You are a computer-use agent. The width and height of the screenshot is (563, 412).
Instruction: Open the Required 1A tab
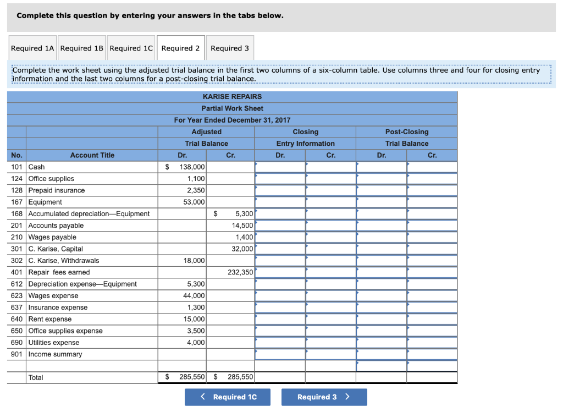tap(33, 48)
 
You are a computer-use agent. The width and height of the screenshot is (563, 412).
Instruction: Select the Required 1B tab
tap(82, 48)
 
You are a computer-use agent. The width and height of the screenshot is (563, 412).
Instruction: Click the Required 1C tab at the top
tap(131, 48)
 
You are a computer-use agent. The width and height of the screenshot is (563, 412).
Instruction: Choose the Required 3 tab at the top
tap(230, 48)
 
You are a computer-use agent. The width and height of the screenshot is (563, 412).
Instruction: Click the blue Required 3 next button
tap(324, 397)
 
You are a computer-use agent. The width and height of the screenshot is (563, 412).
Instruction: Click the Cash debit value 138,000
tap(192, 167)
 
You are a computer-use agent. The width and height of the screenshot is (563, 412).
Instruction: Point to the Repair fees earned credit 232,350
tap(240, 272)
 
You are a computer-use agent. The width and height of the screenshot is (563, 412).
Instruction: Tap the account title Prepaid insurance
tap(57, 190)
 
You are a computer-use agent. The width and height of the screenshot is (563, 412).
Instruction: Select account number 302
tap(16, 261)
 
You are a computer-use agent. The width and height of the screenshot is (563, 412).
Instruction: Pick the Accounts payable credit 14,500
tap(242, 226)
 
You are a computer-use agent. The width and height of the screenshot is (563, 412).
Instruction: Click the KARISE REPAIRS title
tap(232, 97)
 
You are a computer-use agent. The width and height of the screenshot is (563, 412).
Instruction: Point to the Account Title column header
tap(92, 155)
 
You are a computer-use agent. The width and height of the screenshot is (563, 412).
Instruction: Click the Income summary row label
tap(55, 354)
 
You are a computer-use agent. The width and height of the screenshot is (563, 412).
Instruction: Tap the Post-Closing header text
tap(407, 132)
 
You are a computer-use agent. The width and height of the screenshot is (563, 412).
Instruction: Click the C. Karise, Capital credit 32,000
tap(242, 249)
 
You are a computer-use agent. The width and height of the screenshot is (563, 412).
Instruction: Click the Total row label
tap(36, 378)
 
